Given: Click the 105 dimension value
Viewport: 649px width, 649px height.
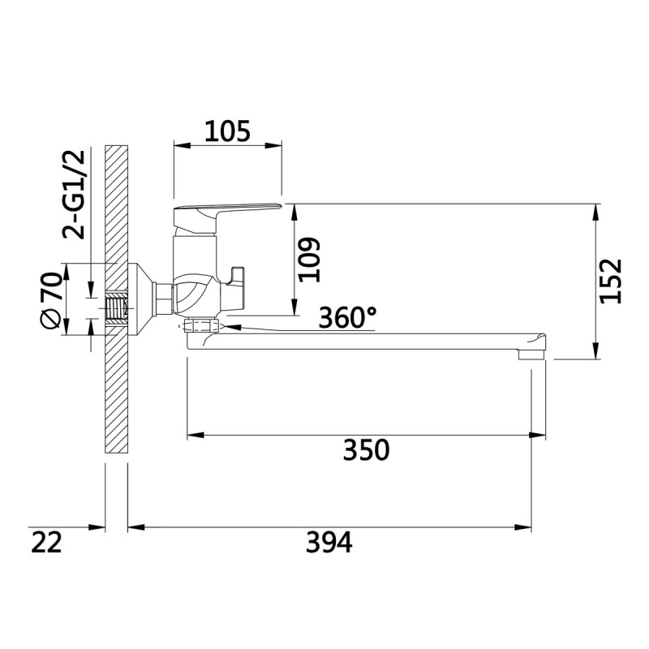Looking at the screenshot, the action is coord(228,131).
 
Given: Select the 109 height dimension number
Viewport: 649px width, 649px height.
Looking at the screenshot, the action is coord(310,260).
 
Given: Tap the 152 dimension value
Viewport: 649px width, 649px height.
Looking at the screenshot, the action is coord(611,281).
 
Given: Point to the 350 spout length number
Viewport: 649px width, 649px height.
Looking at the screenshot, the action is coord(367,450).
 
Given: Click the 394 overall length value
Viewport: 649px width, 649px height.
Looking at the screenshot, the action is coord(329,542).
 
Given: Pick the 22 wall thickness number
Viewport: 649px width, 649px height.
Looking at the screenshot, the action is coord(46,542).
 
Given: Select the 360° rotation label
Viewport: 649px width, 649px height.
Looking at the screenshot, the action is coord(348,317).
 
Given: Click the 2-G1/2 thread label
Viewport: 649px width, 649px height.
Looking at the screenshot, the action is coord(74,195).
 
